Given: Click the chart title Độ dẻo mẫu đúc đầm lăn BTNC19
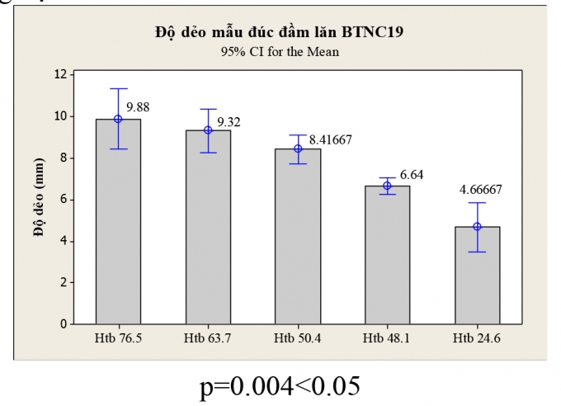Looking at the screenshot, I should click(280, 33).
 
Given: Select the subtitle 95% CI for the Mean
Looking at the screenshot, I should click(280, 51).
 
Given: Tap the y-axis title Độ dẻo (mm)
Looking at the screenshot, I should click(39, 198).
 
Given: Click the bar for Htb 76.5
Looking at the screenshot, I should click(118, 223).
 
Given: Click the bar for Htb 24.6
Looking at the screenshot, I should click(477, 276).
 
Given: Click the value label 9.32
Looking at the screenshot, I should click(228, 121).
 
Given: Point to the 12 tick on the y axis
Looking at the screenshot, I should click(60, 74).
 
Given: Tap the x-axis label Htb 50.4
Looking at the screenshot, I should click(298, 338).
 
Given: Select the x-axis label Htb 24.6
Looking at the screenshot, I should click(477, 338).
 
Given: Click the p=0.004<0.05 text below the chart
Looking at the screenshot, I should click(280, 385).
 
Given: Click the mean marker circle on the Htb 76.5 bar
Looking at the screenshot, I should click(118, 119).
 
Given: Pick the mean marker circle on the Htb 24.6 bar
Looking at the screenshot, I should click(477, 226).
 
